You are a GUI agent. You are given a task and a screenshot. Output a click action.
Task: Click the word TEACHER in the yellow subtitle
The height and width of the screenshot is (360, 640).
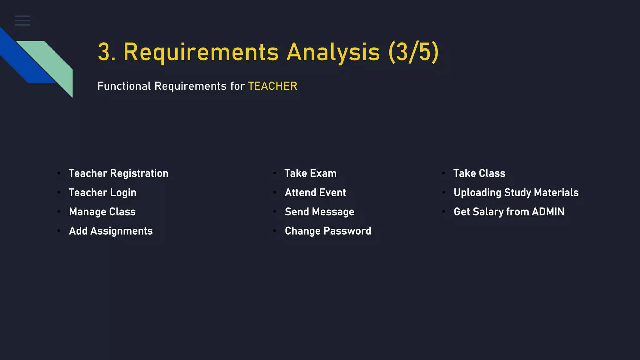(272, 86)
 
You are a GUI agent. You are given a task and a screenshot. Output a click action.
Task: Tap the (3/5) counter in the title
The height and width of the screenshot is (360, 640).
(413, 52)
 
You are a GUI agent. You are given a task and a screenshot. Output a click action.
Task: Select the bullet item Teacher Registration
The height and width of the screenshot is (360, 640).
(118, 173)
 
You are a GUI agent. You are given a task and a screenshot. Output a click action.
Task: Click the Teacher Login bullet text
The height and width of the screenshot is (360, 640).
(102, 192)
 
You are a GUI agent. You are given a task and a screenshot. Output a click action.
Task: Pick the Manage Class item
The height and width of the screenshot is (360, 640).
(102, 212)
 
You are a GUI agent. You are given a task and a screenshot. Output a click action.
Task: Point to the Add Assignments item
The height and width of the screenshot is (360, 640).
(111, 231)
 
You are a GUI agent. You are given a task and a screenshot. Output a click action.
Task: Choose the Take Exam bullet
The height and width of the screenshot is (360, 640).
(310, 173)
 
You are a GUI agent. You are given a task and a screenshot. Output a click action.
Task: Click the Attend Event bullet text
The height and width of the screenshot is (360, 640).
(315, 192)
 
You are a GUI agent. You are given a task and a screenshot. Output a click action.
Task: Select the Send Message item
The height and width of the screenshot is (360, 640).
(319, 212)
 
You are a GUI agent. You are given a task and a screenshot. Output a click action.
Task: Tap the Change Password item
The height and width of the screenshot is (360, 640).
(328, 231)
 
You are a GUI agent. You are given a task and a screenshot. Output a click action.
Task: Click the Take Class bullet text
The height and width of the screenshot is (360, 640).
(479, 173)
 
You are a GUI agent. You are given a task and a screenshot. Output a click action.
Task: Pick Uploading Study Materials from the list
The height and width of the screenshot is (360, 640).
(516, 192)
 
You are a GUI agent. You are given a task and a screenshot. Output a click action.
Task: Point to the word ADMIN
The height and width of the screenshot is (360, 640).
(548, 212)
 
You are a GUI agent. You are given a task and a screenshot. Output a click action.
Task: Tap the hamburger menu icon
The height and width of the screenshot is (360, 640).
(22, 20)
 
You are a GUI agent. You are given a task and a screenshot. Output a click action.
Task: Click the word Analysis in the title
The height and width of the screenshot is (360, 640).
(333, 52)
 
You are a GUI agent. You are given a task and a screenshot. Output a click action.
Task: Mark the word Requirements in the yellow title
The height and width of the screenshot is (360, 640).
(201, 52)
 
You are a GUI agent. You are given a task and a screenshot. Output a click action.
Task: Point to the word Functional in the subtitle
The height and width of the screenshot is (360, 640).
(124, 86)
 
